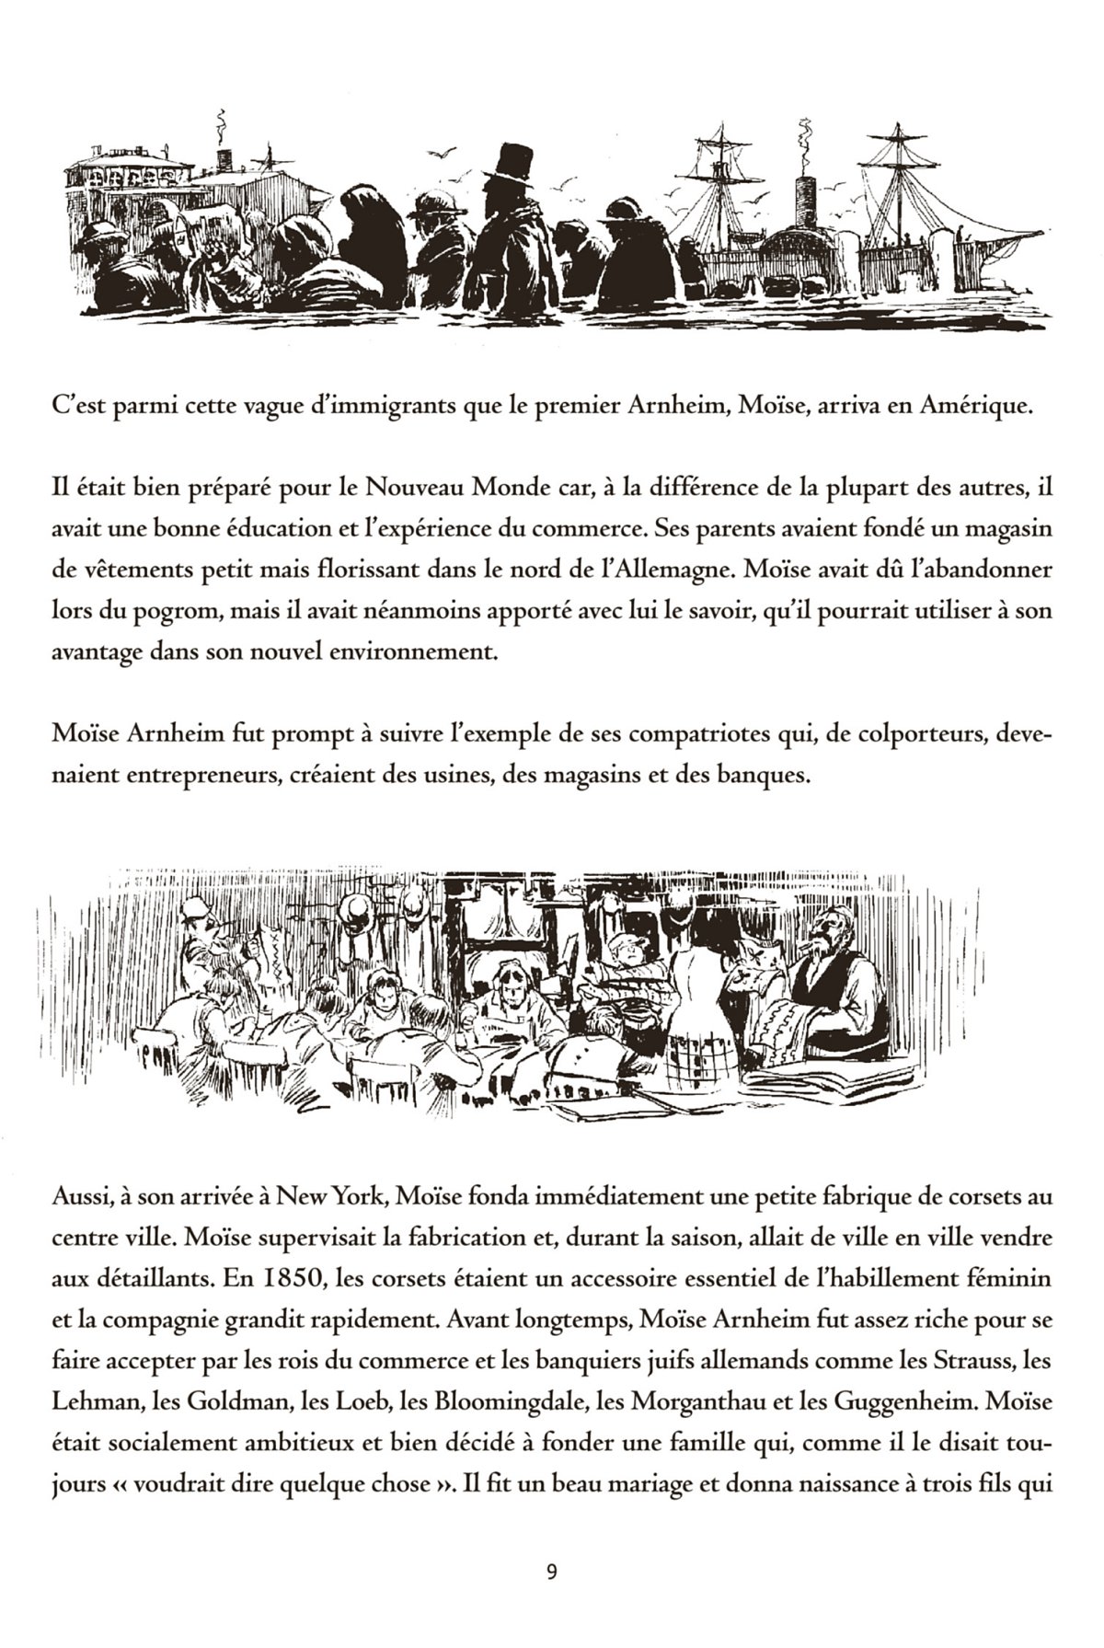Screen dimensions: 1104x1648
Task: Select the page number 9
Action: [551, 1571]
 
